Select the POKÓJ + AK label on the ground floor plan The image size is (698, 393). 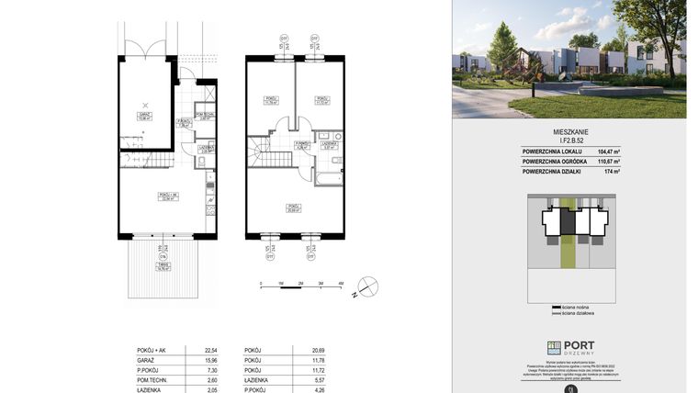166,195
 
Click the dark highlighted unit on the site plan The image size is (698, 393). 568,221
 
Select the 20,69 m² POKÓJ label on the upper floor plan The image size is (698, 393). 293,208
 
